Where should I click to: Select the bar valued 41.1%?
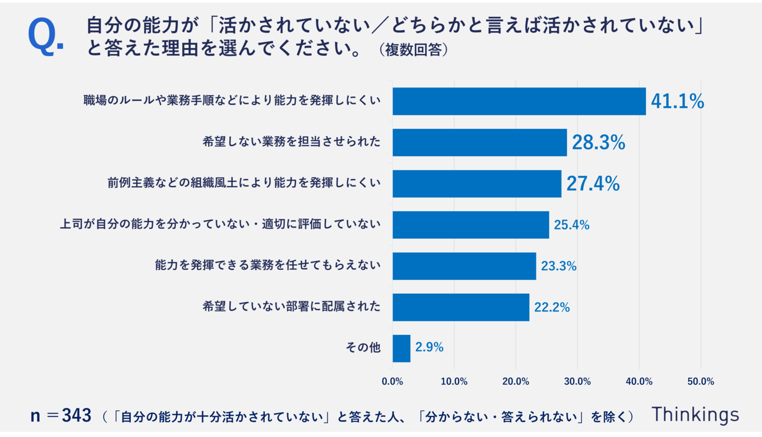[519, 101]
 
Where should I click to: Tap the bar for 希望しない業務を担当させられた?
[479, 143]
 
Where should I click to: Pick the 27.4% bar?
[477, 184]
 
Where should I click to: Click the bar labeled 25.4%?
[471, 225]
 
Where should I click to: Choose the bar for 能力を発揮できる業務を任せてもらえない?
[464, 266]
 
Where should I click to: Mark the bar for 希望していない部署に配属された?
[461, 307]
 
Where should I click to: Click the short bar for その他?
[402, 348]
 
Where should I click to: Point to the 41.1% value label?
[677, 101]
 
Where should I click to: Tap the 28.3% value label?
[598, 143]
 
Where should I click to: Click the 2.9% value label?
[429, 347]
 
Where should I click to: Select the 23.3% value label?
[559, 266]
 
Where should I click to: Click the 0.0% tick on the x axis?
[392, 381]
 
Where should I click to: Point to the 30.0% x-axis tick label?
[577, 381]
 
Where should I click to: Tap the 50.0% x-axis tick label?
[700, 381]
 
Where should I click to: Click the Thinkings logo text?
[695, 414]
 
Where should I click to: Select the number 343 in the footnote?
[77, 416]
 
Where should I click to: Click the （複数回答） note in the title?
[413, 50]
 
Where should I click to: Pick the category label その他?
[363, 348]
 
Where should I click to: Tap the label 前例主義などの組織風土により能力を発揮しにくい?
[244, 183]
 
